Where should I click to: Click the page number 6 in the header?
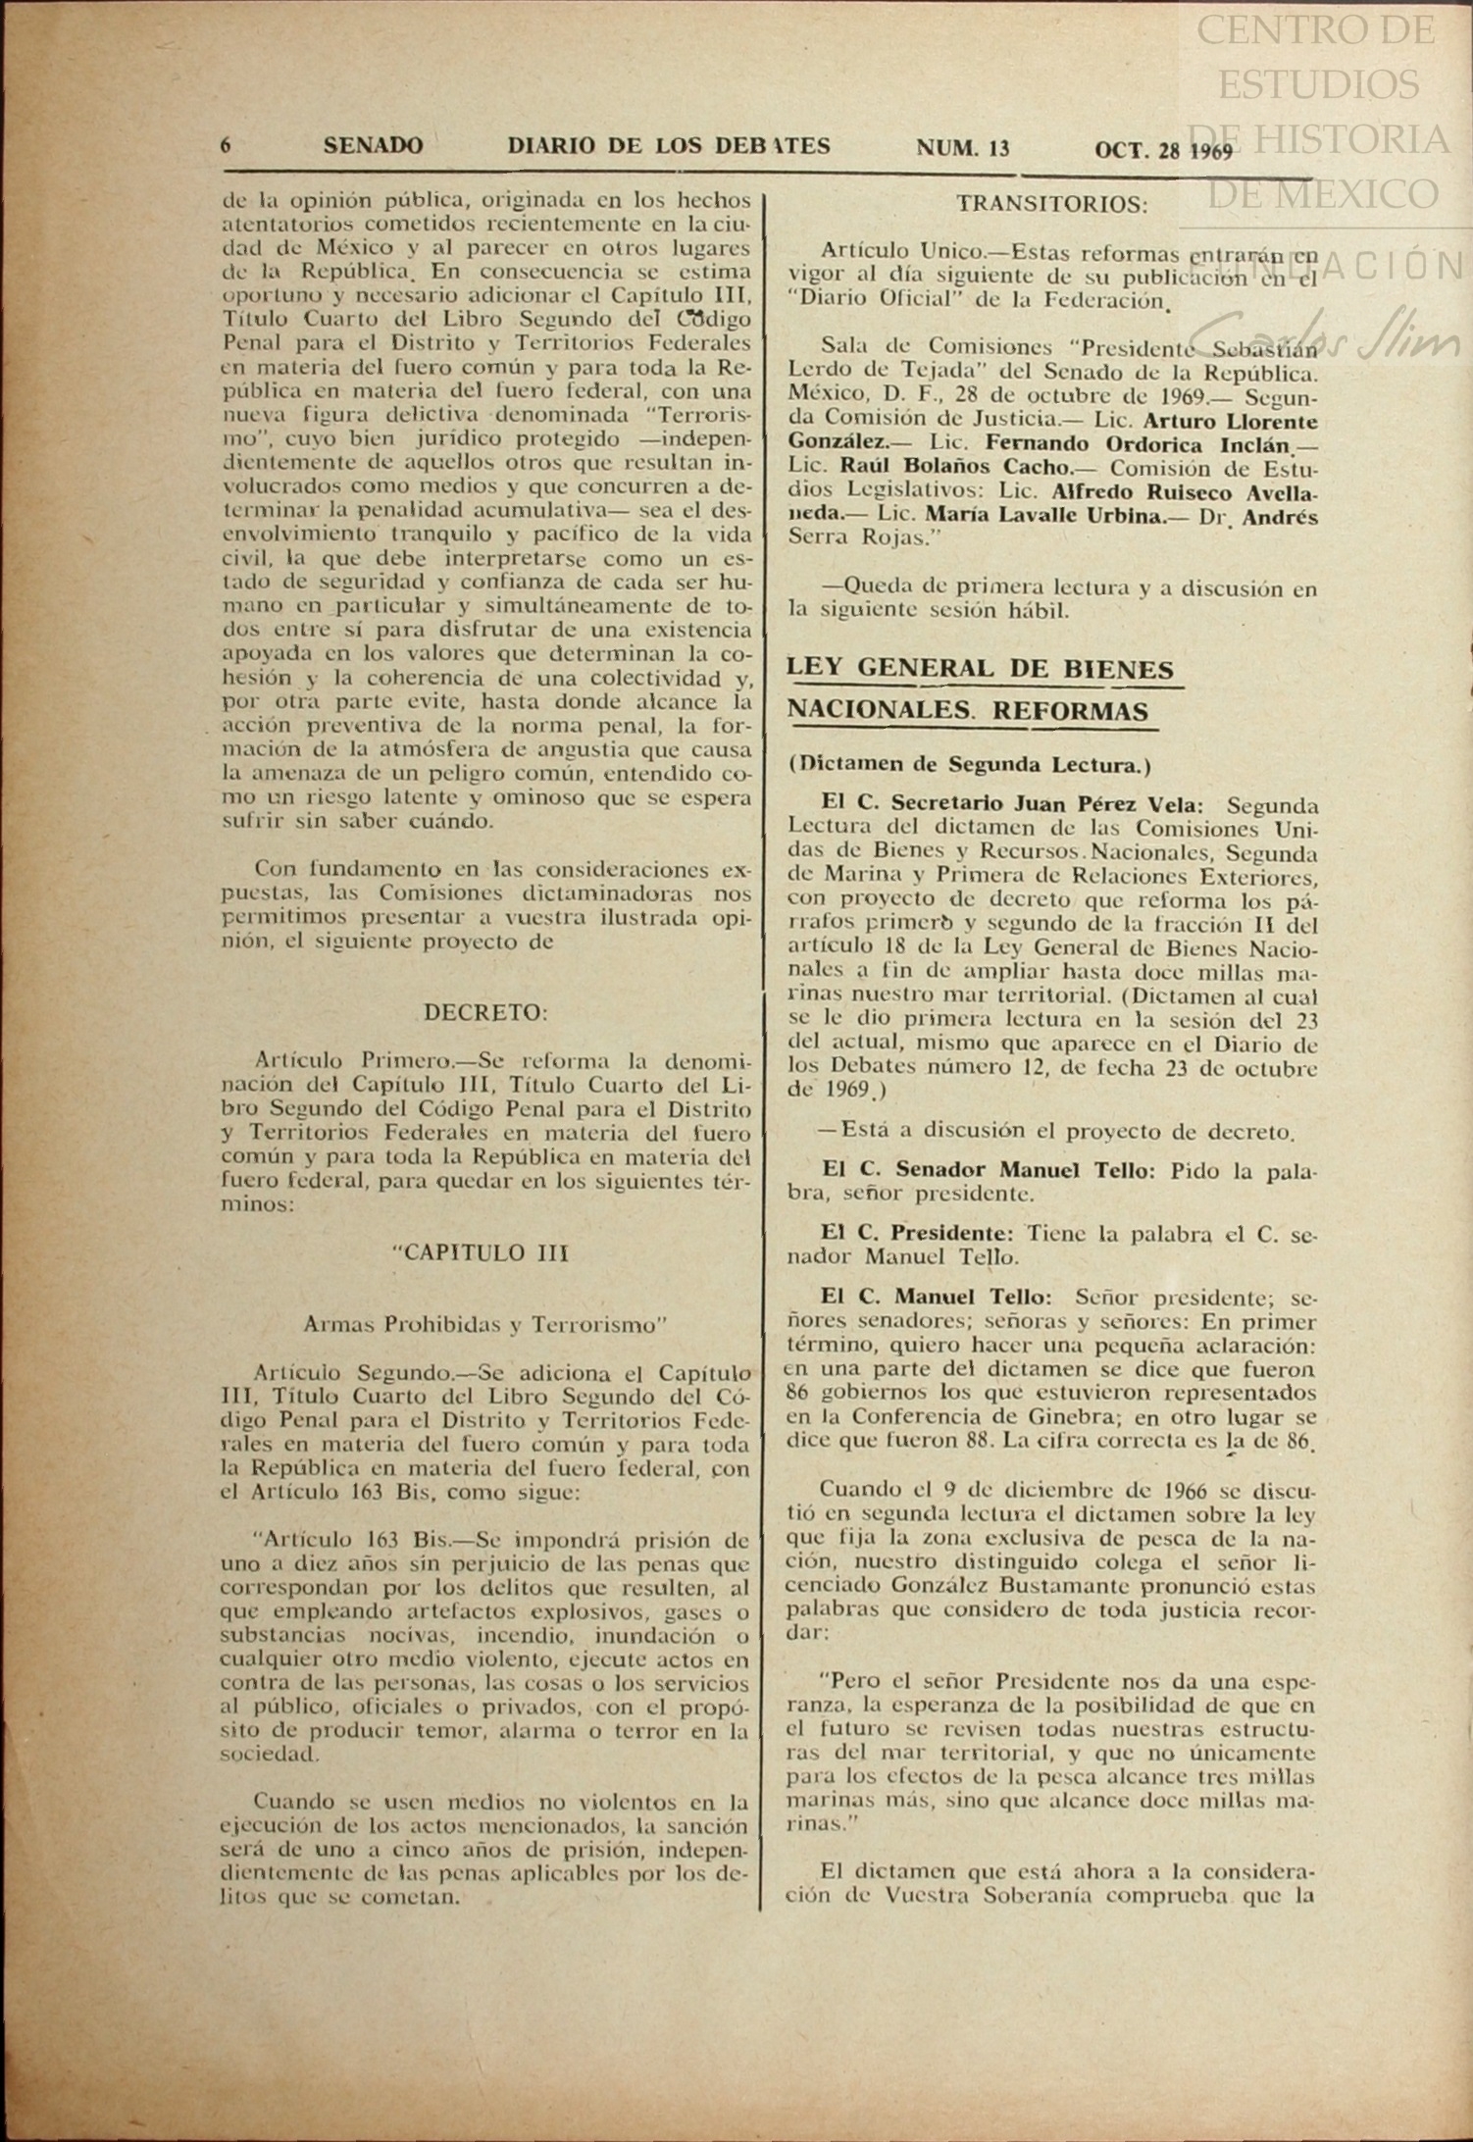pos(226,146)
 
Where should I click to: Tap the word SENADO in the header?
pos(373,146)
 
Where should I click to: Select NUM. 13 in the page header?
pos(962,148)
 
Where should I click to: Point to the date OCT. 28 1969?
pos(1163,150)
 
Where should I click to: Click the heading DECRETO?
pos(485,1012)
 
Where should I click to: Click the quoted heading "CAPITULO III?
pos(480,1254)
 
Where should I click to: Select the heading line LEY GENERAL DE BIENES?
pos(981,670)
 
